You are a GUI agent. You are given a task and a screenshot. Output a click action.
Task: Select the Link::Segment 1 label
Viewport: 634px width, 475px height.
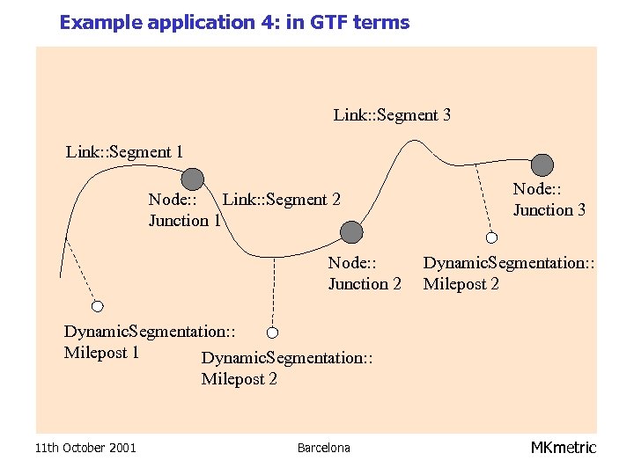(124, 152)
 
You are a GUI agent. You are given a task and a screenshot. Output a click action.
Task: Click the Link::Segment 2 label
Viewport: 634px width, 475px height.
(282, 200)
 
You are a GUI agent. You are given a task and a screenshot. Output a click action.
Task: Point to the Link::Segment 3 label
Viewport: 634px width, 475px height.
(392, 115)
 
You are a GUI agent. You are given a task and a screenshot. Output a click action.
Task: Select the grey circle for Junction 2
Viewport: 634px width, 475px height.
(351, 232)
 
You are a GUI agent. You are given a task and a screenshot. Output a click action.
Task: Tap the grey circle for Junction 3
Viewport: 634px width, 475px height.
(542, 164)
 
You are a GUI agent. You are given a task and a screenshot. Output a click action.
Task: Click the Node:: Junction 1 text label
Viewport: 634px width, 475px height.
(183, 210)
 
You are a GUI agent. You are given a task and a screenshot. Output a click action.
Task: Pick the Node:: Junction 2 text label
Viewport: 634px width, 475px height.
(365, 273)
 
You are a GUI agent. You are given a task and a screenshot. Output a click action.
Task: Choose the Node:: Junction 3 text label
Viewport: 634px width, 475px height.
(549, 200)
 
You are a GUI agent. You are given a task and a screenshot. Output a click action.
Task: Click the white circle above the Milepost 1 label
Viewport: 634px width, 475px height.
(98, 306)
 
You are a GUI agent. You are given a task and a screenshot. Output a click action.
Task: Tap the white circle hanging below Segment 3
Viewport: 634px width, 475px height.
(492, 236)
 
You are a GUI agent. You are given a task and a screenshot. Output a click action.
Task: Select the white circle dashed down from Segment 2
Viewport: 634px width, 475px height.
(273, 332)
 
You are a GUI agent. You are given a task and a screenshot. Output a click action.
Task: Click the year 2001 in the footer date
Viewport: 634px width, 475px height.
(122, 449)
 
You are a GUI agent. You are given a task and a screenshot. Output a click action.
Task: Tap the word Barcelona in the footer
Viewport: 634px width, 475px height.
(323, 449)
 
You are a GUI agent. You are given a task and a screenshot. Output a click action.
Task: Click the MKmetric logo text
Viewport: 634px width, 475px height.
(564, 448)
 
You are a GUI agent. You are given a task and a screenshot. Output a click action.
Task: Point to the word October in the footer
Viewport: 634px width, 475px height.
(81, 449)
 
